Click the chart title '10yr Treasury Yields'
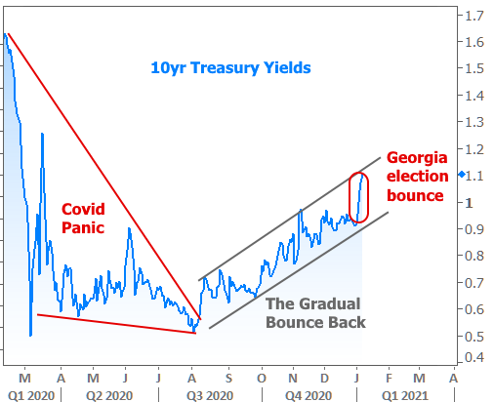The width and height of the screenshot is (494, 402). point(230,68)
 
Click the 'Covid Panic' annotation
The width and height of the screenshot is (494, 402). point(83,219)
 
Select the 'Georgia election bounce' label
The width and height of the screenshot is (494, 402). point(418,177)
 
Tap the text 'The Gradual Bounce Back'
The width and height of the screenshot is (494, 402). point(315,313)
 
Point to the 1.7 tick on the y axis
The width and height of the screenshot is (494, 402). point(474,16)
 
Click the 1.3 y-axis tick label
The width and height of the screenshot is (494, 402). point(474,122)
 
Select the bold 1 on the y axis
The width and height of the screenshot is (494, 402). point(469,203)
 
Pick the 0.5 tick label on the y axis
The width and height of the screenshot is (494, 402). point(474,336)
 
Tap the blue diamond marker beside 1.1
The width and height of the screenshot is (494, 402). point(462,175)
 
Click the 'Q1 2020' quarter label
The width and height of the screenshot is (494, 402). point(31,395)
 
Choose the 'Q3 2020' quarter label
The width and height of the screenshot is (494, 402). point(210,395)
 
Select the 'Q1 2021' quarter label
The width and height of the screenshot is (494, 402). point(405,395)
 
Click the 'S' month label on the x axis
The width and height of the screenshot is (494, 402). point(228,379)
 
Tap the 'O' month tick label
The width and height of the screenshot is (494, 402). point(262,379)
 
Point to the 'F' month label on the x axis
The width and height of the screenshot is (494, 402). point(389,379)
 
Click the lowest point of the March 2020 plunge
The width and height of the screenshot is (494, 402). point(30,336)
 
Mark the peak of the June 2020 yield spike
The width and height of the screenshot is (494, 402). point(129,228)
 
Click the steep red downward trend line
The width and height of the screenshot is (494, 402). point(104,177)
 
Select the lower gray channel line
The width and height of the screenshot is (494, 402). point(299,270)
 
